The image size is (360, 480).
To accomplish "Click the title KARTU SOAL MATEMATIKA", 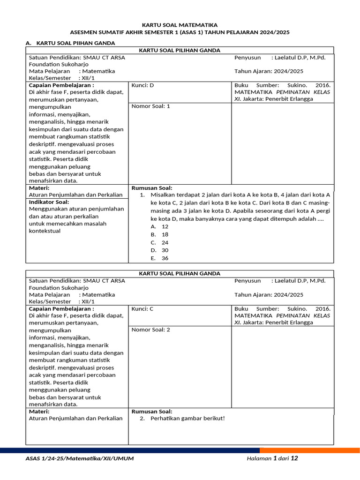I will pos(180,25).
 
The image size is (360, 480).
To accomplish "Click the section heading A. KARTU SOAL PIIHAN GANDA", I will pos(70,43).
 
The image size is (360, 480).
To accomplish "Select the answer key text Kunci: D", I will pos(142,85).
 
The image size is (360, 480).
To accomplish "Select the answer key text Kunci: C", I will pos(142,309).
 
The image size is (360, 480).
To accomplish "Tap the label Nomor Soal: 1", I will pos(150,106).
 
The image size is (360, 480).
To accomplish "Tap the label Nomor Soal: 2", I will pos(150,330).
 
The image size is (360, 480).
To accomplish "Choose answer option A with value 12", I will pos(159,226).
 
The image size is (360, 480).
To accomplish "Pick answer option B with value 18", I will pos(159,234).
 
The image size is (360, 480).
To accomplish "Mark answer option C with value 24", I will pos(159,242).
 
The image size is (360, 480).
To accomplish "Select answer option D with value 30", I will pos(159,250).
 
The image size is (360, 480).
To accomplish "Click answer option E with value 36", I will pos(159,258).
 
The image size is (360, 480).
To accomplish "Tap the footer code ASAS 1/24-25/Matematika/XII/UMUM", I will pos(80,458).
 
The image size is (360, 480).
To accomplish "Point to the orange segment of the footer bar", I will pos(309,450).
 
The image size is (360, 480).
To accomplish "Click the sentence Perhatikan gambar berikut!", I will pos(187,418).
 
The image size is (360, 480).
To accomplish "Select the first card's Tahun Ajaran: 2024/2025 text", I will pos(269,71).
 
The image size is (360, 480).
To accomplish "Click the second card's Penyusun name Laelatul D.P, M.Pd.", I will pos(298,281).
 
